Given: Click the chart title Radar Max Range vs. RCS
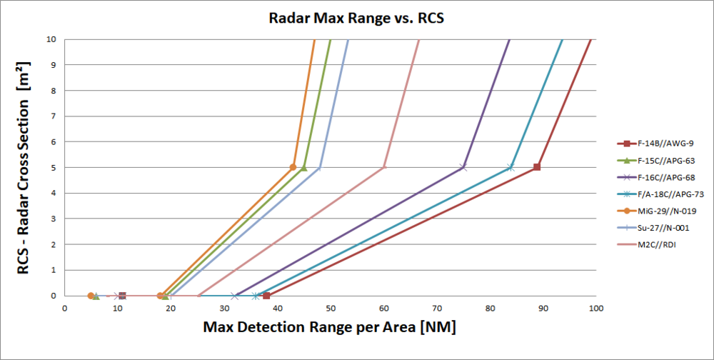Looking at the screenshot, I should (x=356, y=19).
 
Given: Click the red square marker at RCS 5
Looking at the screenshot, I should (x=537, y=167).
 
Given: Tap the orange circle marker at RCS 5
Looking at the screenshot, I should (x=293, y=167).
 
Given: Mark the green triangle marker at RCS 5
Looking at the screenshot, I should (x=303, y=167).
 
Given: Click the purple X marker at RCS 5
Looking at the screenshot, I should (x=463, y=167).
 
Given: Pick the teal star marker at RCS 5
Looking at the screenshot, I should (x=511, y=167).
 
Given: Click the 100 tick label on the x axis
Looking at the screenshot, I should (x=596, y=309).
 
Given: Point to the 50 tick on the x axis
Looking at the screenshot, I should (x=330, y=309).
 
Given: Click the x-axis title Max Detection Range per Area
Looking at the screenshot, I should (x=329, y=328).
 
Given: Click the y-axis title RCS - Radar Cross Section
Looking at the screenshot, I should (x=24, y=168).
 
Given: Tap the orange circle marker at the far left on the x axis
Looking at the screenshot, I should (x=91, y=296).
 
